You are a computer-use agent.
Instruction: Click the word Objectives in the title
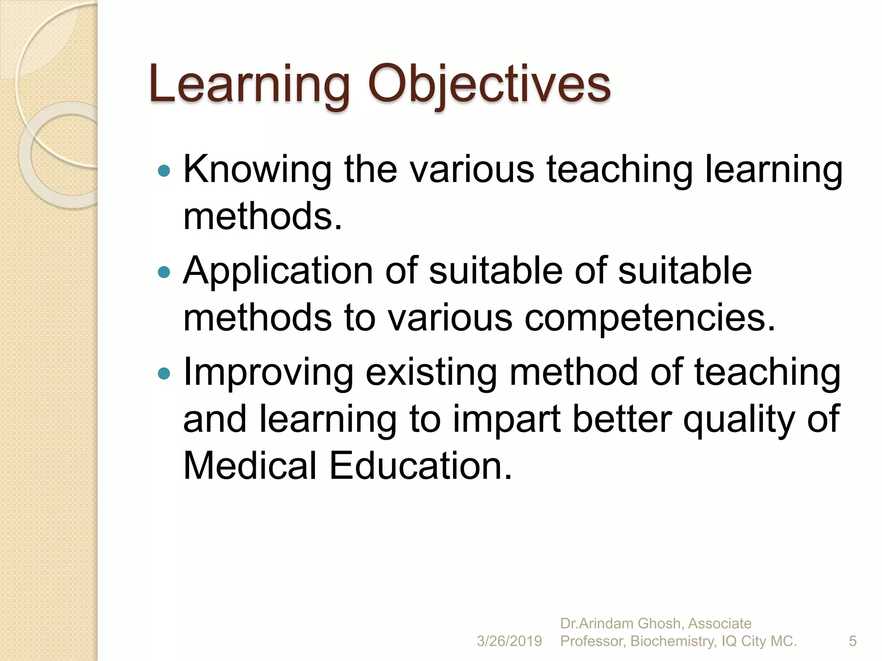[x=489, y=85]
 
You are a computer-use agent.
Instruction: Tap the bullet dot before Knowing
[x=164, y=171]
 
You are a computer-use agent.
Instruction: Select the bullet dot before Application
[x=164, y=272]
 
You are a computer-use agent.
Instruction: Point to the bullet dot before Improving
[x=164, y=373]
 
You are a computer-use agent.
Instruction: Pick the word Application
[x=278, y=271]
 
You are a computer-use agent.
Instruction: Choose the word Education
[x=421, y=466]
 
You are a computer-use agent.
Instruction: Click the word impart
[x=506, y=419]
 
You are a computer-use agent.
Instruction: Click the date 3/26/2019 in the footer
[x=509, y=641]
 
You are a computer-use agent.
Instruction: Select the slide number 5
[x=853, y=641]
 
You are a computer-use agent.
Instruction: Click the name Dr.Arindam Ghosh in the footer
[x=621, y=623]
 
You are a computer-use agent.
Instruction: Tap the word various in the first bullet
[x=472, y=170]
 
